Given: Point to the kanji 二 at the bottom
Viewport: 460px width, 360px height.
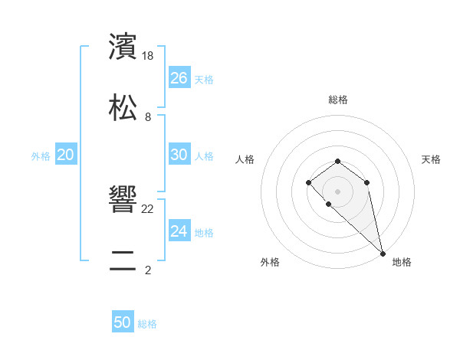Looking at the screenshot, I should [123, 260].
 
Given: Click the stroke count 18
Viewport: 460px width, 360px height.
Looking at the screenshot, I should [149, 56].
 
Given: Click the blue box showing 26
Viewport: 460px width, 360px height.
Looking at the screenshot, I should [179, 78].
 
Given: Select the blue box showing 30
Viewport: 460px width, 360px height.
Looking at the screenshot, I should [179, 155].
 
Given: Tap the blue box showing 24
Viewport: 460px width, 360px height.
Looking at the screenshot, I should [179, 231].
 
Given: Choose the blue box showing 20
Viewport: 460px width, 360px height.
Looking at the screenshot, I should [66, 155].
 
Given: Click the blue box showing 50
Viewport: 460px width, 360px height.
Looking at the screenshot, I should [123, 322].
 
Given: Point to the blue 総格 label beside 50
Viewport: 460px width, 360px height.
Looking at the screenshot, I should [147, 324].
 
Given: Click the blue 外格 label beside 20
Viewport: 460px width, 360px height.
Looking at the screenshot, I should [41, 156].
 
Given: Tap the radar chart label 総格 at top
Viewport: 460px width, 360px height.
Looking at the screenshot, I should [338, 100].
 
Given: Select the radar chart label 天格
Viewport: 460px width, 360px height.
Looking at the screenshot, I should [431, 159].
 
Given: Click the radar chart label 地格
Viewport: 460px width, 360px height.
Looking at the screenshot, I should [402, 262].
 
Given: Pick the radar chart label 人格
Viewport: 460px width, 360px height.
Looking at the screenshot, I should [245, 159].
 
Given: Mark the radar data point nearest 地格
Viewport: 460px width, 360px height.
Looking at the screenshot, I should [383, 253].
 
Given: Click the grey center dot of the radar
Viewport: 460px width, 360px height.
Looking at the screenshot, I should [337, 191].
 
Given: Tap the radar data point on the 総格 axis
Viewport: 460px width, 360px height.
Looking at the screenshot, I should [337, 161].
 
